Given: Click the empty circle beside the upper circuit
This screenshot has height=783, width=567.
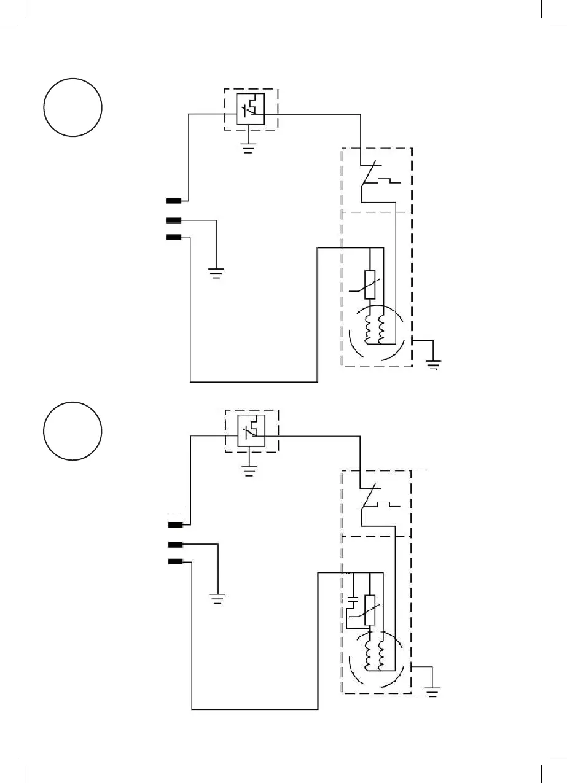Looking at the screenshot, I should coord(72,107).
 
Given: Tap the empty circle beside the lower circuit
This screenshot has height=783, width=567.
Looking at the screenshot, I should coord(72,430).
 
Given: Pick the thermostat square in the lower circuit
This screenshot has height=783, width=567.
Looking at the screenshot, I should coord(251,433).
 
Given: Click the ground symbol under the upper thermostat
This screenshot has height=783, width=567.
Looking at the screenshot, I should coord(248,148).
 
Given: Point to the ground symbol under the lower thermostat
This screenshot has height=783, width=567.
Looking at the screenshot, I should coord(248,471).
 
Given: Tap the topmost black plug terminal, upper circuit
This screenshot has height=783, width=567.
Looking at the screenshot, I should coord(173,201).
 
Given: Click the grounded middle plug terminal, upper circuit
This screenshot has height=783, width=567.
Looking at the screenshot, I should coord(173,220).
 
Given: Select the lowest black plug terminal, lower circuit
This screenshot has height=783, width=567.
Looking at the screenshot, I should coord(176,561).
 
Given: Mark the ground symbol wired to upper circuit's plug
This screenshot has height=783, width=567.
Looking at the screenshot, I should coord(216,271).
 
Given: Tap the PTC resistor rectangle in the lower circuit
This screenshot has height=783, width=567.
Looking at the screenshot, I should coord(370,609).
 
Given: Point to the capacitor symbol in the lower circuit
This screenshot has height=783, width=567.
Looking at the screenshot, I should coord(353,598).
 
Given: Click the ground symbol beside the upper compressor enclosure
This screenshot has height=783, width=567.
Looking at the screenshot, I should coord(434,364).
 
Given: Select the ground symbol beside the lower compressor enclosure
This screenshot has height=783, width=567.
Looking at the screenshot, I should coord(434,691).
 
